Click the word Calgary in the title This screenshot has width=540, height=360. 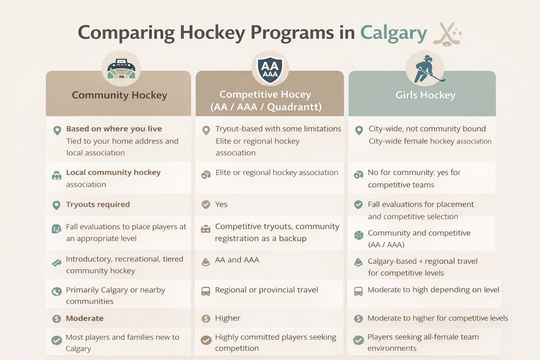393,33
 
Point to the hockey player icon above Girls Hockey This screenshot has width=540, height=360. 425,69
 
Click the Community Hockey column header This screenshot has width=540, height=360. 120,95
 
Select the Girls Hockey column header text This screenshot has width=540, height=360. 425,95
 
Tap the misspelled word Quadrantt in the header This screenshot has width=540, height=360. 294,107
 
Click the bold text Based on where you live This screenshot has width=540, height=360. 114,129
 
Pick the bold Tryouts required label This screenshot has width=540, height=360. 98,204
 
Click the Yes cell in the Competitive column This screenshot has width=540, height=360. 221,204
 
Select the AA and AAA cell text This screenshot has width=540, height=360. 237,260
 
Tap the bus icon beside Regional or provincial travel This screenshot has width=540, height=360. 206,291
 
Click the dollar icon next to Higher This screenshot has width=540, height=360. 206,319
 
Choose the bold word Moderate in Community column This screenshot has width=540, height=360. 85,318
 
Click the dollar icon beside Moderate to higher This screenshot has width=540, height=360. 358,319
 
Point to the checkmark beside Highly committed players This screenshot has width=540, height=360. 206,340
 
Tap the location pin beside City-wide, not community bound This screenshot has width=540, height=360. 359,130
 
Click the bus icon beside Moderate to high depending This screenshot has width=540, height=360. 358,291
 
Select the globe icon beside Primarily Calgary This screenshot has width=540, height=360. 57,292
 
